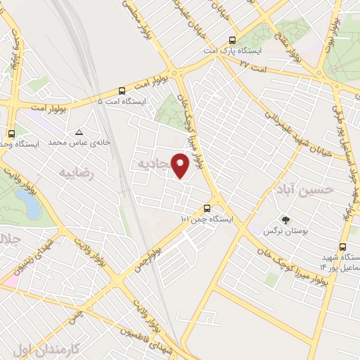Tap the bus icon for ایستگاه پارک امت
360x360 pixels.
point(233,40)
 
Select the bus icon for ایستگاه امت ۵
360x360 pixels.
point(122,91)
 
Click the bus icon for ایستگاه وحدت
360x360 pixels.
point(11,134)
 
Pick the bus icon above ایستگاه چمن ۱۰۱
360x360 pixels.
point(206,208)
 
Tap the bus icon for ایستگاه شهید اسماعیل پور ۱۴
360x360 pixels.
point(342,247)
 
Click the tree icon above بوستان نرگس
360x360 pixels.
point(285,220)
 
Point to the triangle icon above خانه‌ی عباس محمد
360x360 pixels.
point(79,132)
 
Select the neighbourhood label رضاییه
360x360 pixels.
point(76,172)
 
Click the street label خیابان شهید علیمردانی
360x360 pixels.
point(291,127)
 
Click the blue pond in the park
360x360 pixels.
point(29,204)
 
